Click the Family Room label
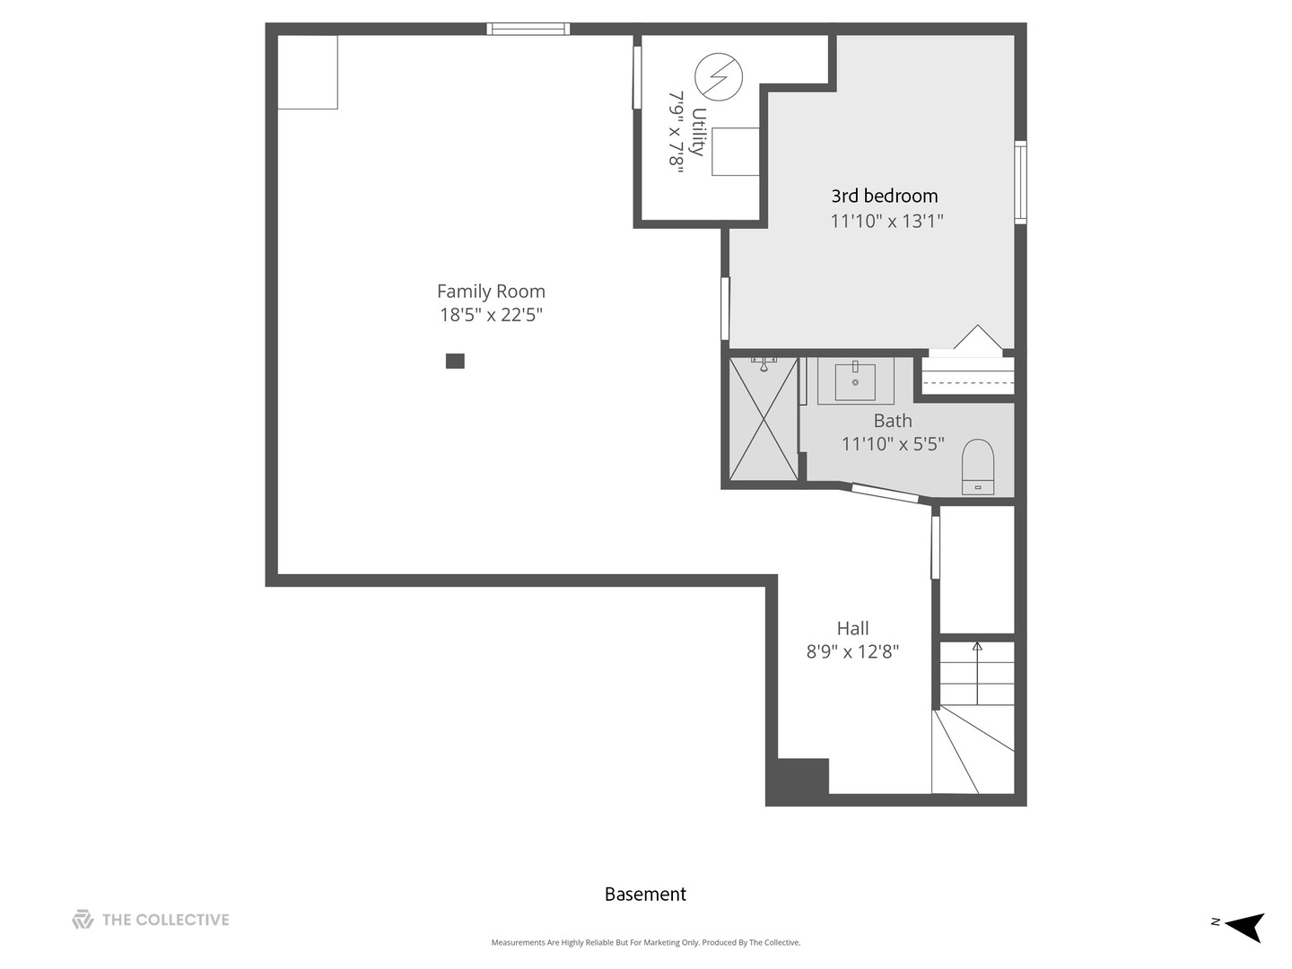(x=491, y=292)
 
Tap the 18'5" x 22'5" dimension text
(x=491, y=315)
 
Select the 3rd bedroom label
(x=884, y=196)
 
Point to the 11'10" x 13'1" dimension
(x=886, y=222)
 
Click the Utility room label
(x=698, y=132)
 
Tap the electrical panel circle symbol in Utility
(x=718, y=77)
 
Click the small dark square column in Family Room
(x=455, y=361)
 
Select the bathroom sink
(x=855, y=381)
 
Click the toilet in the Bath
(x=978, y=467)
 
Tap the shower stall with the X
(x=764, y=418)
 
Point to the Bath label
(x=893, y=421)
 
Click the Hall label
(x=852, y=628)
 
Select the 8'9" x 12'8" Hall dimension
(x=852, y=652)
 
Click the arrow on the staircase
(x=977, y=673)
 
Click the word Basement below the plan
(x=645, y=895)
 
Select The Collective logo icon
(x=83, y=919)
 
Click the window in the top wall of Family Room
(x=528, y=29)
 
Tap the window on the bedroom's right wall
(x=1021, y=182)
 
